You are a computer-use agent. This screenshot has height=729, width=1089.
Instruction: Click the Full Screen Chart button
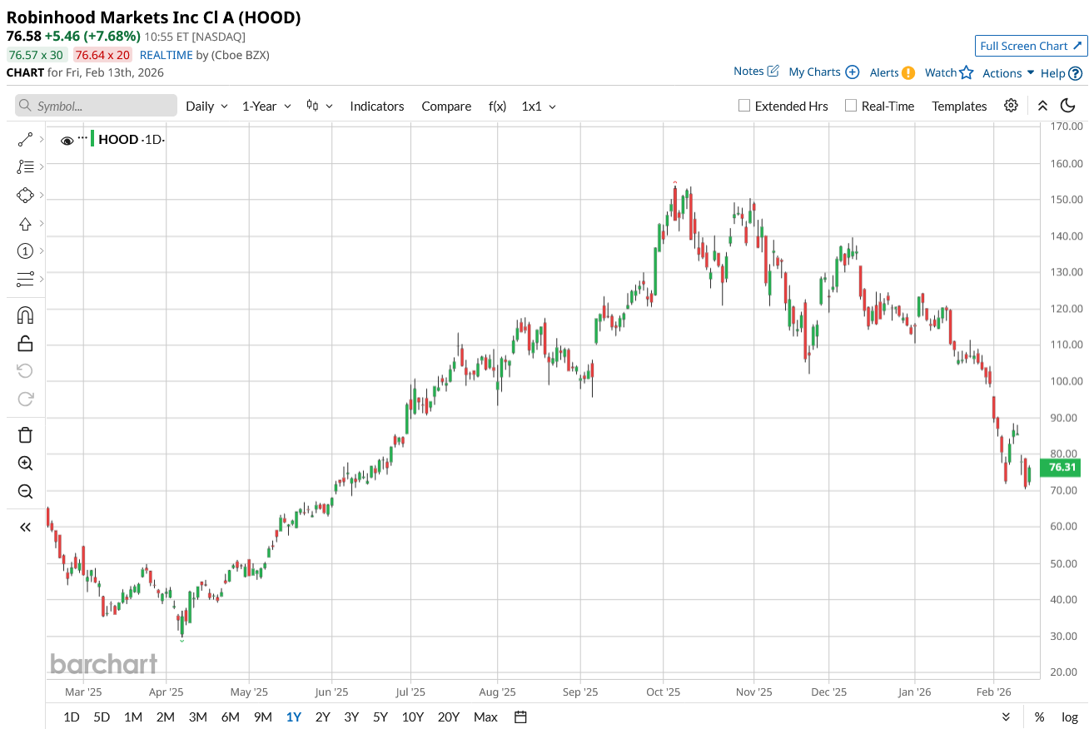click(x=1031, y=46)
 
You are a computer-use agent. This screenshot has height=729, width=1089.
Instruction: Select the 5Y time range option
click(x=380, y=717)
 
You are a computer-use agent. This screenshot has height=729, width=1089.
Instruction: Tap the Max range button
click(x=485, y=717)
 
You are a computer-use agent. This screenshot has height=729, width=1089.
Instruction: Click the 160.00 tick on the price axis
click(x=1065, y=163)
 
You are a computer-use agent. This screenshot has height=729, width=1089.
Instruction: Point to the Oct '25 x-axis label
click(x=664, y=692)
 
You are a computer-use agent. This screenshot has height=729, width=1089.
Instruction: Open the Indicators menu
click(x=376, y=106)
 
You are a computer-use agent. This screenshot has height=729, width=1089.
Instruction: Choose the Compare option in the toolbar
click(x=446, y=106)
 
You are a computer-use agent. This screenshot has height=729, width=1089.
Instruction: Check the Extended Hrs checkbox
click(x=745, y=106)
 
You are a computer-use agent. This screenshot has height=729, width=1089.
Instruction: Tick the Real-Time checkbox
click(x=851, y=106)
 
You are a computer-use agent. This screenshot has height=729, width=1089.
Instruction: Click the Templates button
click(x=959, y=106)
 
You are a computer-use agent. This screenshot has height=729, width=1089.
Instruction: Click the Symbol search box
click(x=96, y=106)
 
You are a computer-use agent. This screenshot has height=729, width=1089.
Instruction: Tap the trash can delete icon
click(x=25, y=434)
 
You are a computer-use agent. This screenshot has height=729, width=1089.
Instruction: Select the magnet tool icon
click(x=25, y=315)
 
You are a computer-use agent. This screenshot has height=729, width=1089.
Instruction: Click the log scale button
click(x=1070, y=717)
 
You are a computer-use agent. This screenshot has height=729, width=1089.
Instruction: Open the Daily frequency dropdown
click(x=206, y=106)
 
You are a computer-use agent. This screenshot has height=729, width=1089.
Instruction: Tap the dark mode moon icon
click(x=1068, y=106)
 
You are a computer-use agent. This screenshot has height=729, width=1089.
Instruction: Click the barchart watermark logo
click(x=103, y=663)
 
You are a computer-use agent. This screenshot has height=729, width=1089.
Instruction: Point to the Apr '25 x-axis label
click(x=167, y=692)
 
